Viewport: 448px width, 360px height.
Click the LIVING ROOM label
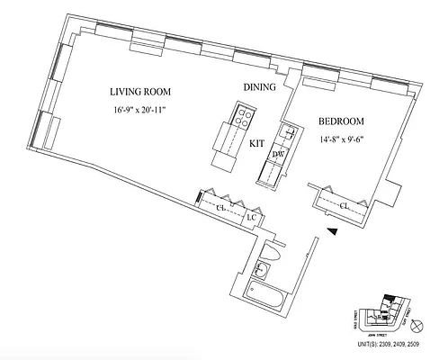click(139, 92)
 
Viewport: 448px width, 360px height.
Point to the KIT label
click(256, 142)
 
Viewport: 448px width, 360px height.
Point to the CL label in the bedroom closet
click(345, 206)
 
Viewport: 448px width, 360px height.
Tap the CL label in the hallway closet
click(219, 207)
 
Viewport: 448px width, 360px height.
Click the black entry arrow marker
click(333, 232)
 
